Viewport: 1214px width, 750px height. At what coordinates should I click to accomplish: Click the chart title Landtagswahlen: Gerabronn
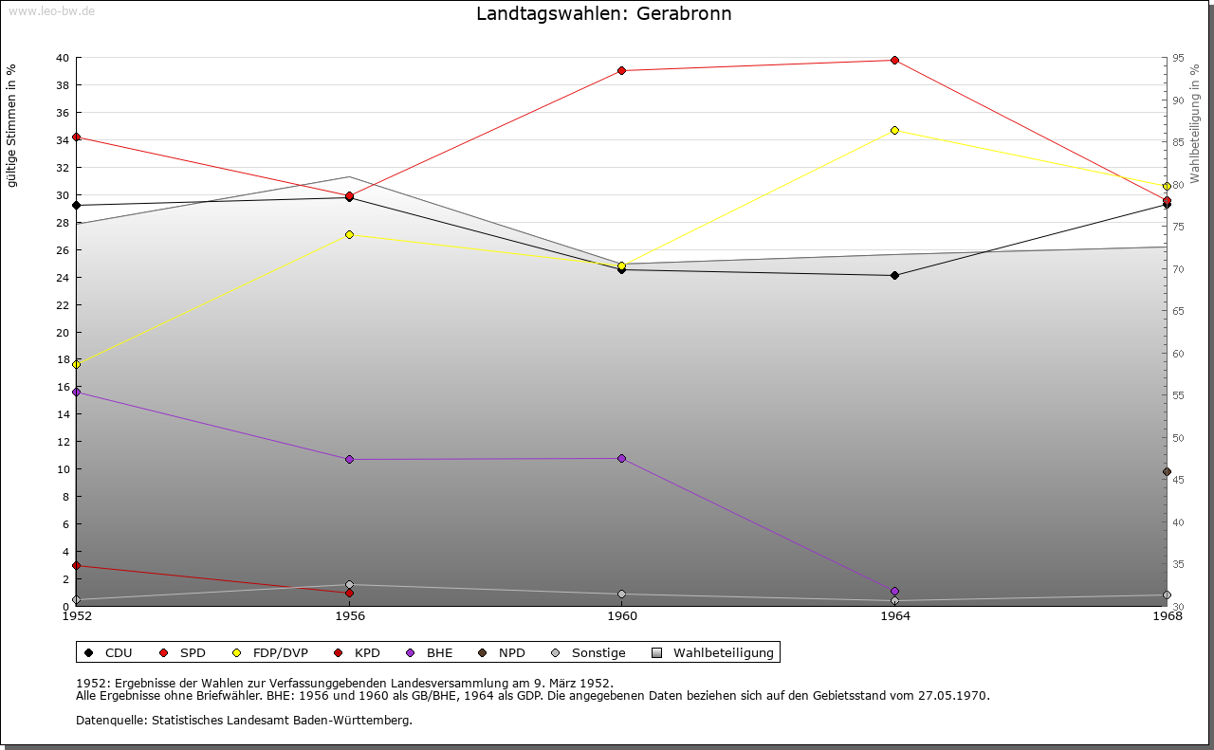pyautogui.click(x=603, y=14)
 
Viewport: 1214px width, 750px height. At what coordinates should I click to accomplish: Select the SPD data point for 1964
pyautogui.click(x=894, y=61)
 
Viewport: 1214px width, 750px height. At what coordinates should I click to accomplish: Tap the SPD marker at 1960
pyautogui.click(x=621, y=70)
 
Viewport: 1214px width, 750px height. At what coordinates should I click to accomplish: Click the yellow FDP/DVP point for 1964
pyautogui.click(x=894, y=130)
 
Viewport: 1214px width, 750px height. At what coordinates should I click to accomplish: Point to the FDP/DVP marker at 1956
pyautogui.click(x=349, y=234)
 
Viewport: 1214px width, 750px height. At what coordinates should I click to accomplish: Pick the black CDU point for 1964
pyautogui.click(x=894, y=275)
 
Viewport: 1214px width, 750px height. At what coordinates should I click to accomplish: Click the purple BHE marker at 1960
pyautogui.click(x=621, y=458)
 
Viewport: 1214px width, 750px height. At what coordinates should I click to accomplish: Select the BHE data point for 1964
pyautogui.click(x=894, y=591)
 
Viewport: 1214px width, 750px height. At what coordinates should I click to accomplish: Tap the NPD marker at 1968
pyautogui.click(x=1167, y=471)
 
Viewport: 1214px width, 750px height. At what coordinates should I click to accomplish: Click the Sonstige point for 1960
pyautogui.click(x=621, y=595)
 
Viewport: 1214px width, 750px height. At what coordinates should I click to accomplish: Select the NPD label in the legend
pyautogui.click(x=511, y=652)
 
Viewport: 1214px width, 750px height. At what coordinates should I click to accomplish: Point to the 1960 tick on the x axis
pyautogui.click(x=622, y=615)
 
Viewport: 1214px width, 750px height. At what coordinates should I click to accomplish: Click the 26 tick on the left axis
pyautogui.click(x=62, y=250)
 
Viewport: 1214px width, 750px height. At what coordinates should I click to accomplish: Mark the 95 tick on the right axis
pyautogui.click(x=1177, y=58)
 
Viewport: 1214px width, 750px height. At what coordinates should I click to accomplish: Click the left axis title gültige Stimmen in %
pyautogui.click(x=12, y=125)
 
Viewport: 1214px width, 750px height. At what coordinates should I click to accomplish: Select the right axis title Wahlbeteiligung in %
pyautogui.click(x=1195, y=124)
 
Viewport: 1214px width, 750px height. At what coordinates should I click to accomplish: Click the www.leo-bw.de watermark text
pyautogui.click(x=50, y=10)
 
